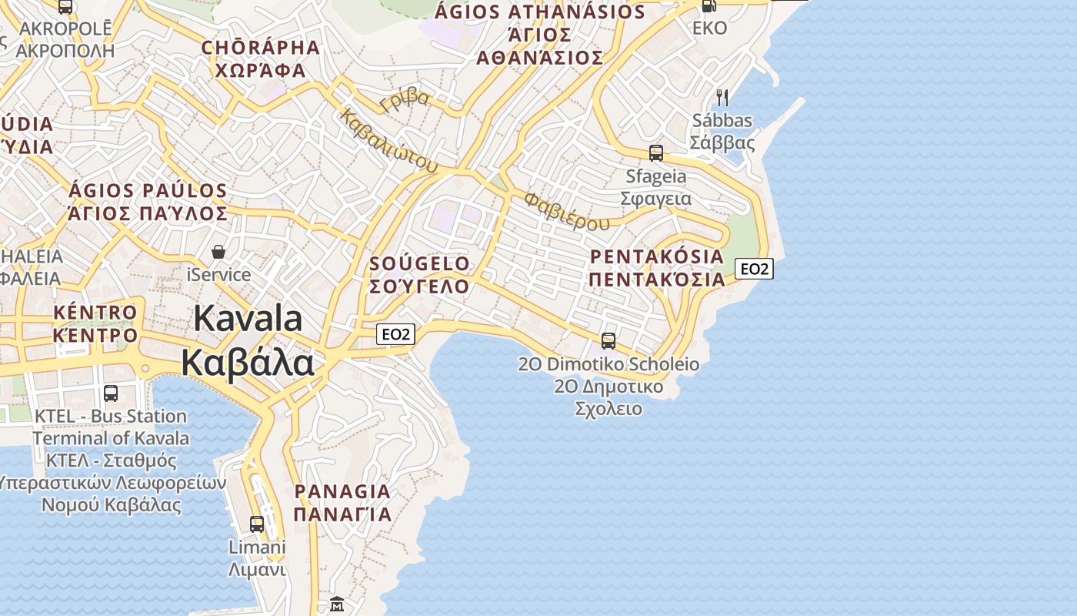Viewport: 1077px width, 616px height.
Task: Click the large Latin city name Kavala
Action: click(248, 318)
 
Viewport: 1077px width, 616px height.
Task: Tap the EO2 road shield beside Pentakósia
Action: click(754, 269)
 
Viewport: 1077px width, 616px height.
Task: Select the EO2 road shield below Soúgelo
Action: click(396, 334)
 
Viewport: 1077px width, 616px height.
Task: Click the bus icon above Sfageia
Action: click(656, 152)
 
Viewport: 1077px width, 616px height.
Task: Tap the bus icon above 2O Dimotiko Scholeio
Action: click(609, 340)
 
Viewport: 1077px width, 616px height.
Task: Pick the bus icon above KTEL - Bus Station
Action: click(111, 393)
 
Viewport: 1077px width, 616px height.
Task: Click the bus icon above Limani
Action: click(257, 524)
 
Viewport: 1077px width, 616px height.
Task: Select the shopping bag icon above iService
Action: click(219, 252)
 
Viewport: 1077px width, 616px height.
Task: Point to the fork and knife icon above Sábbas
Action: click(722, 98)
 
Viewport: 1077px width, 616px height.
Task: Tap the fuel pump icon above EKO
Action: click(709, 6)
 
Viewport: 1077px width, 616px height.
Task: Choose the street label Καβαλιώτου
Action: click(388, 142)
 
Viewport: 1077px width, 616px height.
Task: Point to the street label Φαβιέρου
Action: click(566, 211)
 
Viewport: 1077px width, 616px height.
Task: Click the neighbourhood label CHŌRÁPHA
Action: click(260, 47)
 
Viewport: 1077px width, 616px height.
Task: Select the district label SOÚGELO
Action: click(419, 263)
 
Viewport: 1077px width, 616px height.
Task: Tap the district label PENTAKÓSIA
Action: click(657, 256)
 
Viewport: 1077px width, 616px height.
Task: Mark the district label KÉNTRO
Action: click(95, 313)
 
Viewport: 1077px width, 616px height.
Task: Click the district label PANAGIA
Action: click(342, 491)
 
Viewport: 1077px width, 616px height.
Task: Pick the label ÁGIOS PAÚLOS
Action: click(148, 191)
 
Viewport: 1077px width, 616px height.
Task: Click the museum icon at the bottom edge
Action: click(337, 604)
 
